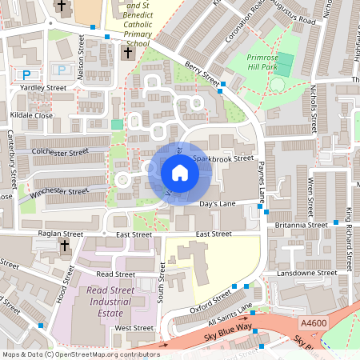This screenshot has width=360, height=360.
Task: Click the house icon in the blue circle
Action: coord(179,173)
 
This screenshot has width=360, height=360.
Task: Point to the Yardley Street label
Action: coord(43,89)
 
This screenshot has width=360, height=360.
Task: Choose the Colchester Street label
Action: coord(60,151)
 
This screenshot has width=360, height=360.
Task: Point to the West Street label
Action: coord(134,328)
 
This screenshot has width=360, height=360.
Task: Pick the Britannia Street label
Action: coord(300,225)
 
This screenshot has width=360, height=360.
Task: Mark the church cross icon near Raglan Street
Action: coord(63,249)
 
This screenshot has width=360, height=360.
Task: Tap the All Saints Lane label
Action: coord(230,312)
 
